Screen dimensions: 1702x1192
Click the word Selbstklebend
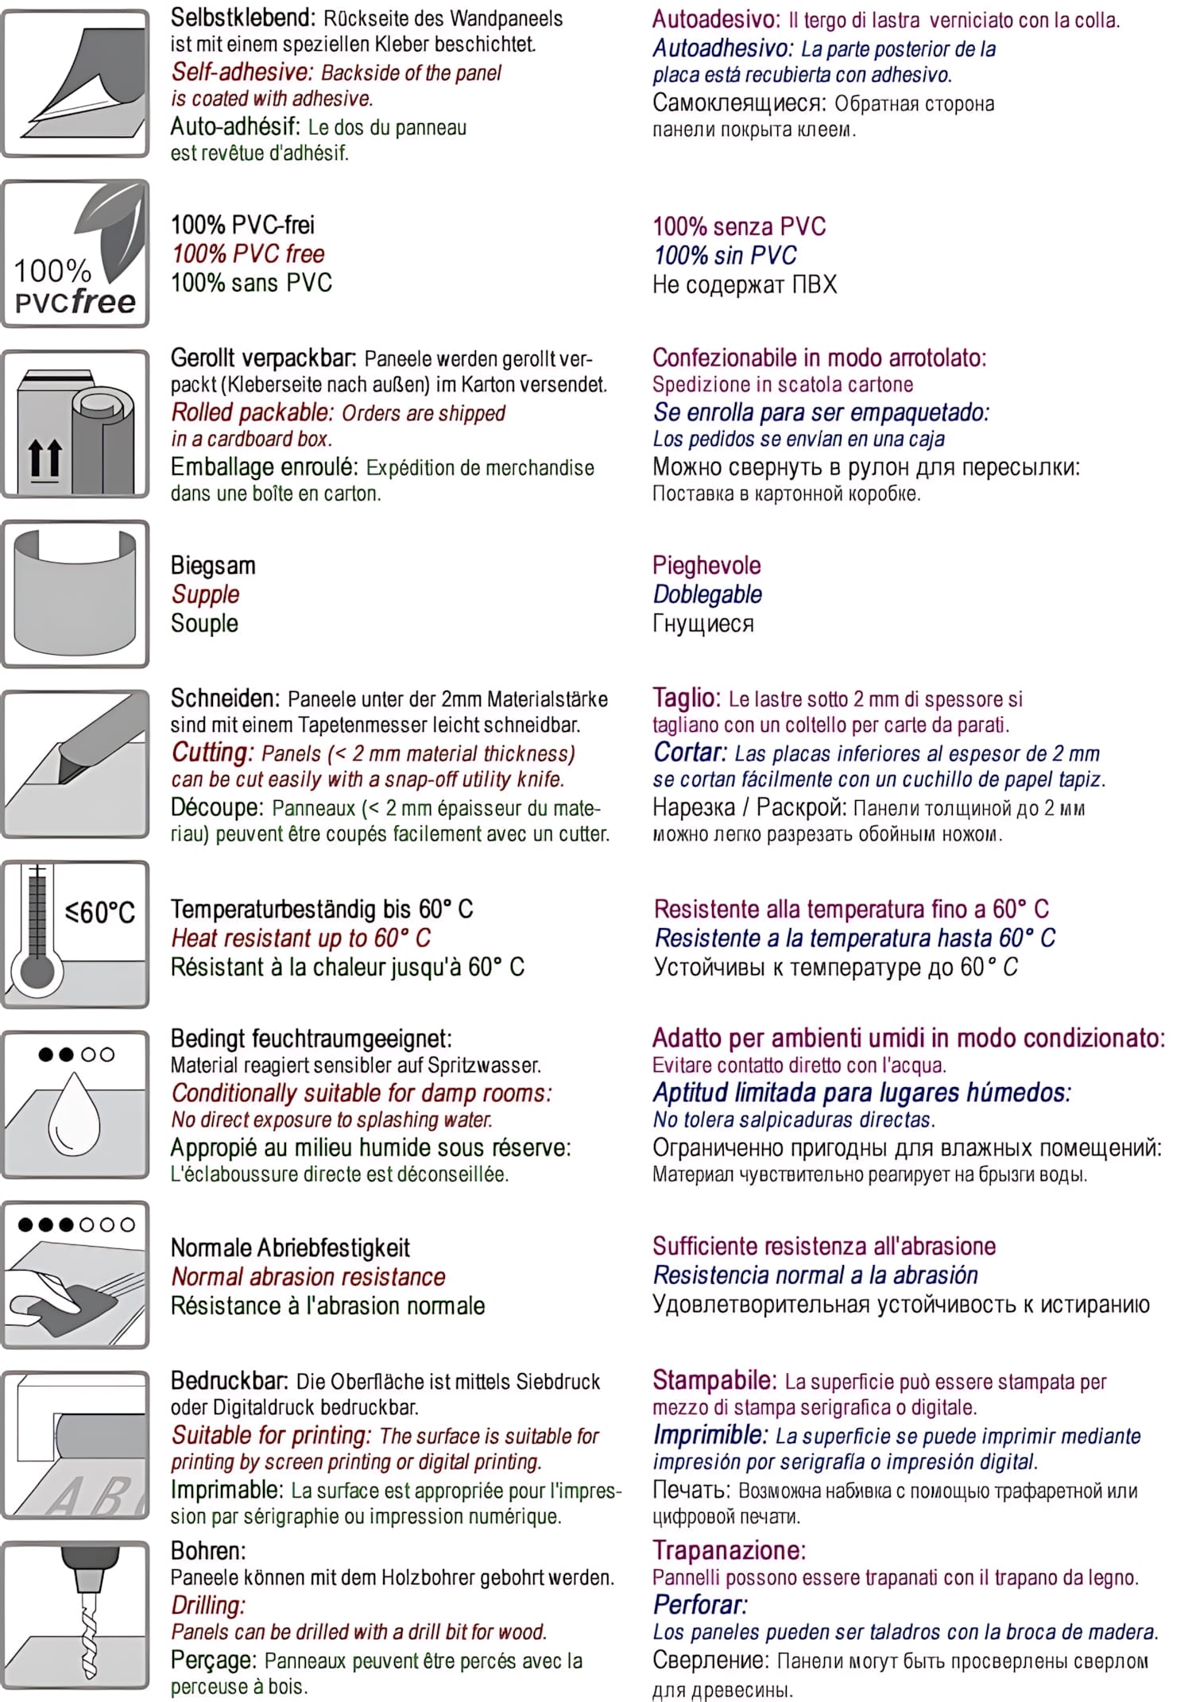242,17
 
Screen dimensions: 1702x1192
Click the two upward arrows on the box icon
45,458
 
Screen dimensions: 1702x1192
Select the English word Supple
205,594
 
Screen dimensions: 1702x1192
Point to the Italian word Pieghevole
706,566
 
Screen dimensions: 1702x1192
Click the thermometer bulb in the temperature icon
37,971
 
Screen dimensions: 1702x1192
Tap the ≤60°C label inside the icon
100,911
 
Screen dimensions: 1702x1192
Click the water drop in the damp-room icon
74,1112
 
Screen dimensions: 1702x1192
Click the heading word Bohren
208,1550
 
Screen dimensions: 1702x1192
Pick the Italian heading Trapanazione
729,1550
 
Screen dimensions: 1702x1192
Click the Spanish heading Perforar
699,1604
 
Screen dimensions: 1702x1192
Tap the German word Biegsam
213,566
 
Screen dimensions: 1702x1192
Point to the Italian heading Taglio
686,698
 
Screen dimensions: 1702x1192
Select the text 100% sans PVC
251,283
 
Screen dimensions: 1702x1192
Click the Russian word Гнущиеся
702,624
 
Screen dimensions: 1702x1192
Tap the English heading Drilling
208,1605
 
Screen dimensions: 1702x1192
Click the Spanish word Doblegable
707,594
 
